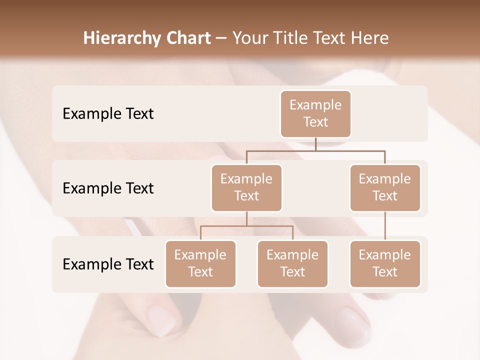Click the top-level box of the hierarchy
coord(315,114)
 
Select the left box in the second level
coord(246,188)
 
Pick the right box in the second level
coord(385,188)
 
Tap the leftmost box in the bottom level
coord(200,264)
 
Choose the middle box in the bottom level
coord(292,264)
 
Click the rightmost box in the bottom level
coord(385,264)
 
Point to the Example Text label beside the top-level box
coord(108,114)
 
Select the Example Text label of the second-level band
coord(108,188)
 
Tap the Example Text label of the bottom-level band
coord(108,264)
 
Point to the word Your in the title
coord(250,38)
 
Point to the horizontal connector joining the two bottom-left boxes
coord(246,226)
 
